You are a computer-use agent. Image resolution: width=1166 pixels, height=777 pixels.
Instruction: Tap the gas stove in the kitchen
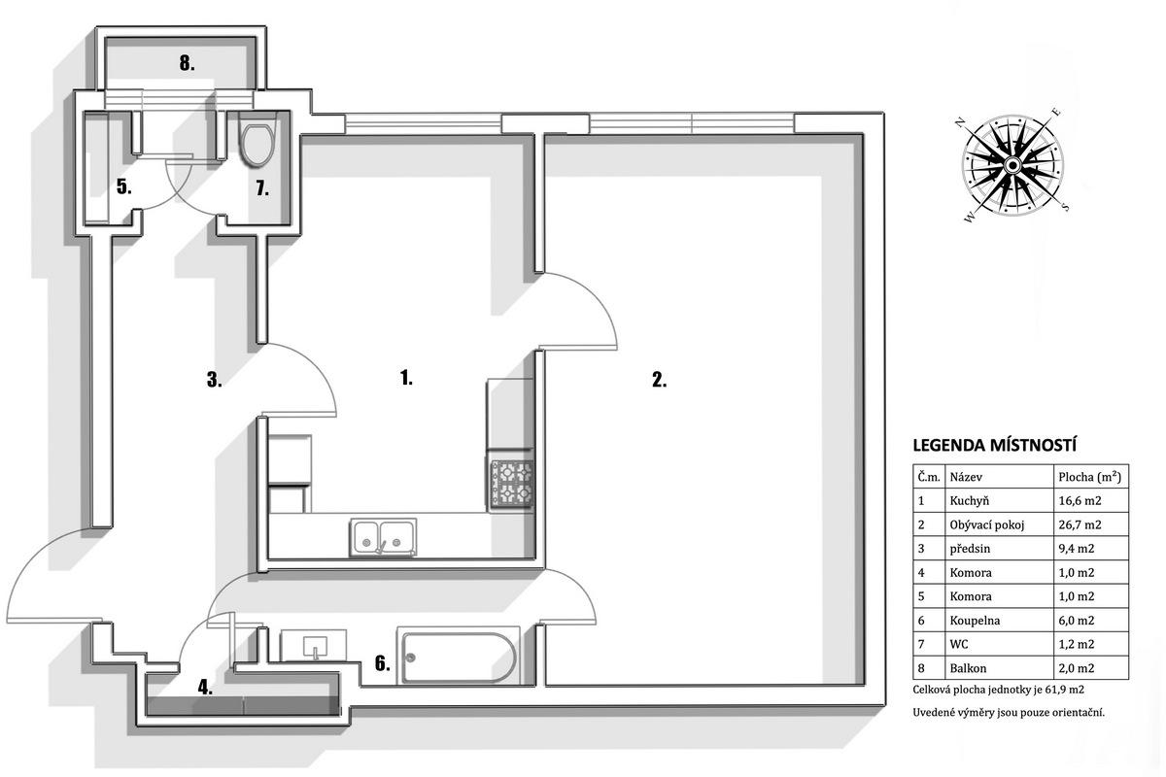(x=511, y=484)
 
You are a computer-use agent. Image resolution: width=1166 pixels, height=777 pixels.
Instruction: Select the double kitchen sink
(x=383, y=536)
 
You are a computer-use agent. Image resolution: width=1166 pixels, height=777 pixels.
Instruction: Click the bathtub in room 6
(x=459, y=657)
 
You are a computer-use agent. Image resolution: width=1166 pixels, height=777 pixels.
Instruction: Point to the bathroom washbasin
(x=313, y=645)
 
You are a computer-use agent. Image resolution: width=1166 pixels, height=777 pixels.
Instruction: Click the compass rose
(x=1012, y=165)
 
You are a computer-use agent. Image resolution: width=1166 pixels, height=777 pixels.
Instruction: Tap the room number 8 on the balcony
(x=188, y=63)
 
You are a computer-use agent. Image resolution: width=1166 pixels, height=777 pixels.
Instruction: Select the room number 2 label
(x=659, y=380)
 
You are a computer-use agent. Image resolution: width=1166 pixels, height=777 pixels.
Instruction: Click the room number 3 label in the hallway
(x=214, y=380)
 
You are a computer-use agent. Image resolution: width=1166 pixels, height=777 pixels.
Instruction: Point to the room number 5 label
(x=123, y=186)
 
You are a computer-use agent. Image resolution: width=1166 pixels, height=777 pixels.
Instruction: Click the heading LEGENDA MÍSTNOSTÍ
(x=994, y=446)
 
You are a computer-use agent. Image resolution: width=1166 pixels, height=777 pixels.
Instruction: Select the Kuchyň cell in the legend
(x=970, y=501)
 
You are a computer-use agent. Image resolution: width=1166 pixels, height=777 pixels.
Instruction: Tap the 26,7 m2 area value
(x=1080, y=524)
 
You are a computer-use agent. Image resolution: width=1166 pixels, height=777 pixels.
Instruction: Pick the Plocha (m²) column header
(x=1089, y=477)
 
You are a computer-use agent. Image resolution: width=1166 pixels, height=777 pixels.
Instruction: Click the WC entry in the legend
(x=959, y=644)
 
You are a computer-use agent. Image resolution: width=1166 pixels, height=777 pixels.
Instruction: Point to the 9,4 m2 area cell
(x=1077, y=549)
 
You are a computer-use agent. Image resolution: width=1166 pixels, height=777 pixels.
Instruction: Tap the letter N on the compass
(x=960, y=122)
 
